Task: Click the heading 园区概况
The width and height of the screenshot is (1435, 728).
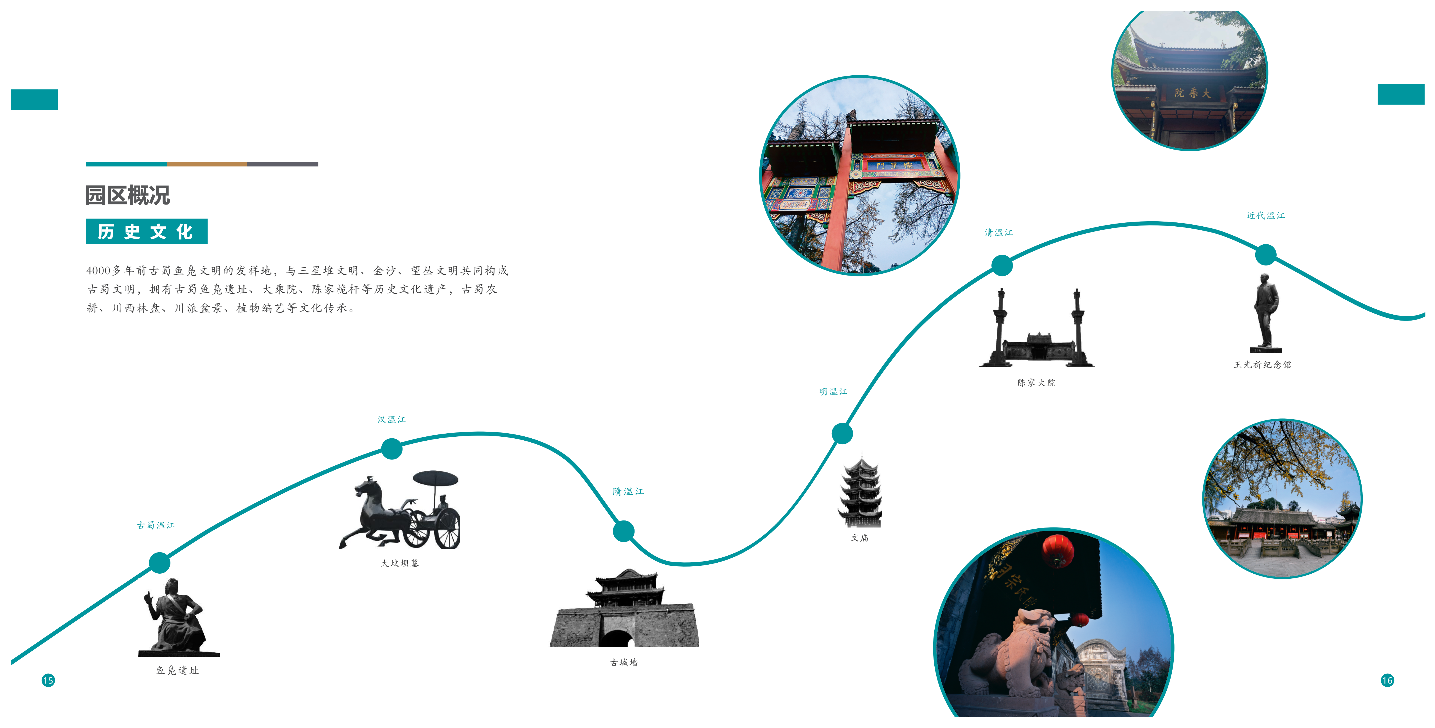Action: click(128, 195)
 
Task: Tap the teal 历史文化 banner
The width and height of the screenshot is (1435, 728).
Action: click(147, 232)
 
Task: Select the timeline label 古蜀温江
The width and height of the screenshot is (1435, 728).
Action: click(156, 525)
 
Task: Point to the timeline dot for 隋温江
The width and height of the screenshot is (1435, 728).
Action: click(623, 531)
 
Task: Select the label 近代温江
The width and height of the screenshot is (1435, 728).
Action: click(1265, 216)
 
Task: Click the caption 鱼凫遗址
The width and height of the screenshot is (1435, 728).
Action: click(177, 671)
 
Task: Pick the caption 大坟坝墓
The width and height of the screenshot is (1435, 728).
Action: click(400, 563)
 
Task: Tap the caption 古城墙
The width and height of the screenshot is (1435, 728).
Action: click(624, 662)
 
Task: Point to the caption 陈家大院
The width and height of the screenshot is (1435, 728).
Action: click(1036, 383)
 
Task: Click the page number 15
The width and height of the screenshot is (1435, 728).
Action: click(48, 680)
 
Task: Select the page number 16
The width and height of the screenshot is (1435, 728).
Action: click(1387, 680)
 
